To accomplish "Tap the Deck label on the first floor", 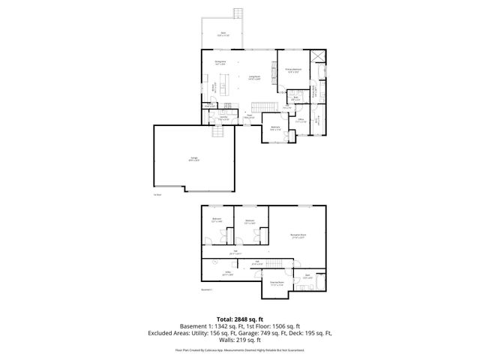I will point(223,34).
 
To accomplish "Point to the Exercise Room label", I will point(276,283).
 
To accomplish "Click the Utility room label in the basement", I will point(226,274).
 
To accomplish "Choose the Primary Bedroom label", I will point(293,70).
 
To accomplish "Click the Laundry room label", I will point(223,118).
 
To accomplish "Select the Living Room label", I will point(254,76).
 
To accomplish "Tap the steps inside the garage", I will point(218,132).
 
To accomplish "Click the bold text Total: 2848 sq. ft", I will point(240,319).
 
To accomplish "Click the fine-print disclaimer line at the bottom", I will point(240,350).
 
